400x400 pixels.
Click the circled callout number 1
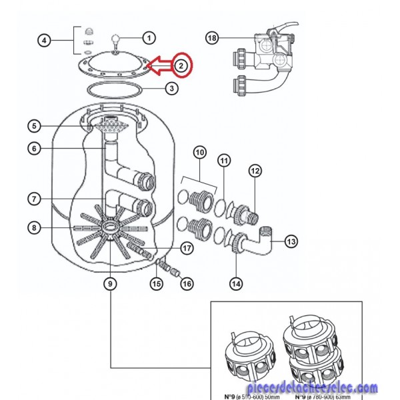[x=149, y=37]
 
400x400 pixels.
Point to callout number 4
[x=44, y=41]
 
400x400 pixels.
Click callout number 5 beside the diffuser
[x=35, y=125]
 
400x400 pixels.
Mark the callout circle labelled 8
[x=35, y=228]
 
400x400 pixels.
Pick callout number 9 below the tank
[x=109, y=283]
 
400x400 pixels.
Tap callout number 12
[x=254, y=171]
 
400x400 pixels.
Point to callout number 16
[x=187, y=283]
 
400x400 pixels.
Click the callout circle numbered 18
[x=212, y=38]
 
